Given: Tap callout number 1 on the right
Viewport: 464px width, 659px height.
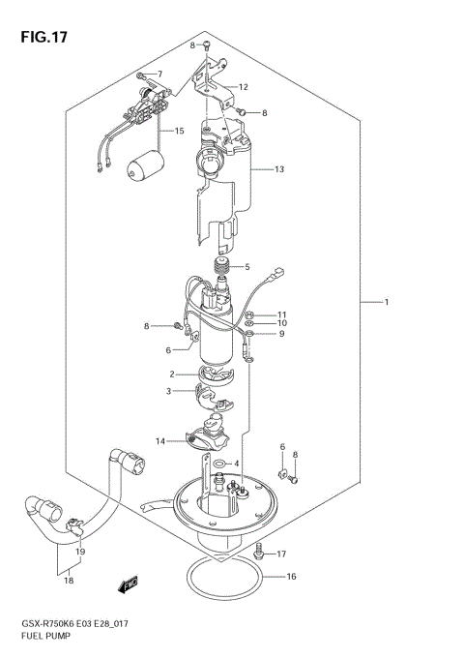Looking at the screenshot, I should [x=387, y=304].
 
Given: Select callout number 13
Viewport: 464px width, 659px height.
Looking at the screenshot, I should [x=279, y=170].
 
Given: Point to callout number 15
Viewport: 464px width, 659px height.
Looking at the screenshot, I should [x=178, y=131].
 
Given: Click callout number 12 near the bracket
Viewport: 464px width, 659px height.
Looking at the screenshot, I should [x=244, y=86].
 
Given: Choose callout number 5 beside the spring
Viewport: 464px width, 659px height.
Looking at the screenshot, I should [x=246, y=267].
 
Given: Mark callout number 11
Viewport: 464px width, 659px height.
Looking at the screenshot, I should [x=282, y=315].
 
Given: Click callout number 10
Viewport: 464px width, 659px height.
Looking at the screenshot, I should [x=282, y=324].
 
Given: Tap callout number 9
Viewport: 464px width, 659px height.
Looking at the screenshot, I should [x=281, y=335].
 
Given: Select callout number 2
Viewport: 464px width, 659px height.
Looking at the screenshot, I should [x=171, y=374].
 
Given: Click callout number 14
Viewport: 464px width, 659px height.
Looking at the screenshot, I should [x=160, y=441].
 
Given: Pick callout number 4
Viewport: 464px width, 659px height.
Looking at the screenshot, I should [x=236, y=464].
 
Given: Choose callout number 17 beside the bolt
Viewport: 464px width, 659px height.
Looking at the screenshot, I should [x=282, y=554].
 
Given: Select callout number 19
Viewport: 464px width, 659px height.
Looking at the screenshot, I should [x=80, y=552].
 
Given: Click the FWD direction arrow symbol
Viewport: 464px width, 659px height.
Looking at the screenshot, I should [x=127, y=613].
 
